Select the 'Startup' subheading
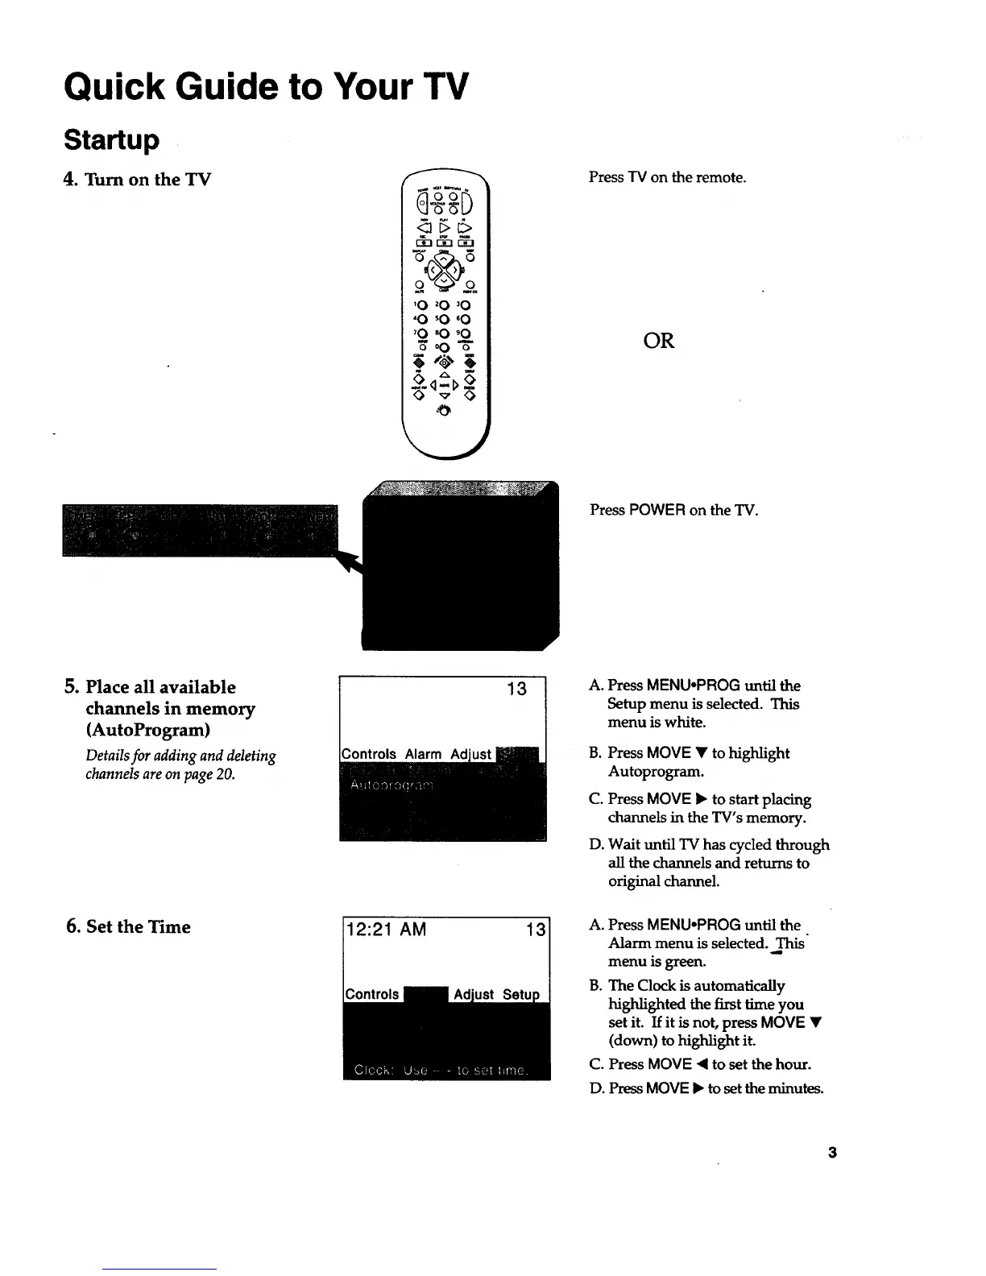111,139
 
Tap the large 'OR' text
658,341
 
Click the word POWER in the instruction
657,510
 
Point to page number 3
832,1153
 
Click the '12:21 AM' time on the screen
386,930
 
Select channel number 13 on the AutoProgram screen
516,689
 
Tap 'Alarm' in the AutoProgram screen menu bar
423,754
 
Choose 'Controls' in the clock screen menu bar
371,994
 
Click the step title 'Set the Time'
138,926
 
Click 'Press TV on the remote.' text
667,177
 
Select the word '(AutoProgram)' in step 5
148,730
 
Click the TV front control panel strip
200,530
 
